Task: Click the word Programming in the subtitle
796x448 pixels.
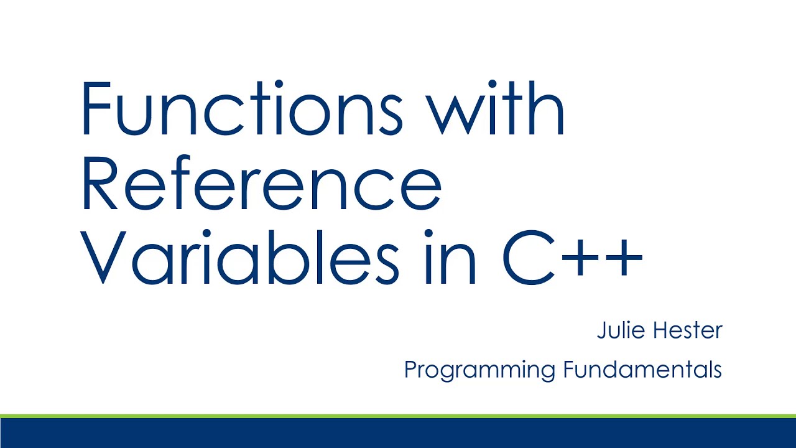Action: [479, 370]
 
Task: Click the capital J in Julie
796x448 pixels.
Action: [601, 330]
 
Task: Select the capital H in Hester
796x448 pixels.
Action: [660, 330]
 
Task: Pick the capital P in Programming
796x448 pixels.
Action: [410, 370]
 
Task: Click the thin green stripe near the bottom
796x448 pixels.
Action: [398, 415]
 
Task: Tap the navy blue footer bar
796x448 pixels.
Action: [398, 433]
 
